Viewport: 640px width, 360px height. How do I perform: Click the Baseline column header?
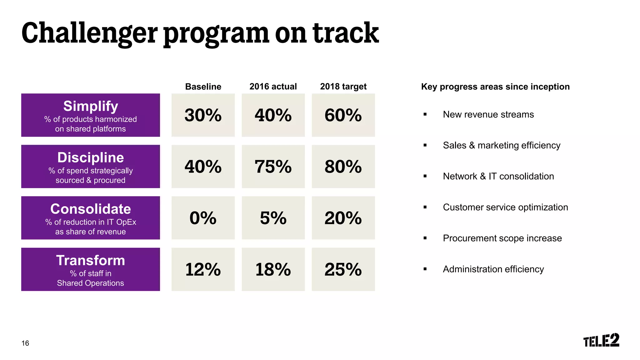pos(203,87)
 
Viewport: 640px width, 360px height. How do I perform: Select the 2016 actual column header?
pos(273,87)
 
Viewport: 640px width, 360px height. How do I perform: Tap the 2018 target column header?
pos(343,87)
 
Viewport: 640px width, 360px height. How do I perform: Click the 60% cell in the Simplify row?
pos(343,115)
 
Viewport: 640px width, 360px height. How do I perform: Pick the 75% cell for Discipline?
pos(273,167)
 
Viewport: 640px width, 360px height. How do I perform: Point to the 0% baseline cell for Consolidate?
pos(203,218)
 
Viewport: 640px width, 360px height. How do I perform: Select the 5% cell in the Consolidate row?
pos(273,218)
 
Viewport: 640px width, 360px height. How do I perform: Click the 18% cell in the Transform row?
pos(273,269)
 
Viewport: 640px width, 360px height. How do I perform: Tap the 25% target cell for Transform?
pos(343,269)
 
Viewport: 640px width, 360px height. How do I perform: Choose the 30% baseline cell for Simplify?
pos(203,115)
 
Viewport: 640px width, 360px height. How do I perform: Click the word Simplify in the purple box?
pos(91,106)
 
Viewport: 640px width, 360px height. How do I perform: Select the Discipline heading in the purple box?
pos(91,157)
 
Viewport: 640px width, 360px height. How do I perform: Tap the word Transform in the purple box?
pos(91,260)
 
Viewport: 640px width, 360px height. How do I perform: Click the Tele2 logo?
pos(601,340)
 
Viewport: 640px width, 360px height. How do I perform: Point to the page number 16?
pos(25,343)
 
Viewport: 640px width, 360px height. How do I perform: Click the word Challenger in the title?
pos(89,33)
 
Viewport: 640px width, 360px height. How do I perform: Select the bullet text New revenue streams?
pos(488,114)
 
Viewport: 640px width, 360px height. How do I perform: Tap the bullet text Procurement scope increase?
pos(502,238)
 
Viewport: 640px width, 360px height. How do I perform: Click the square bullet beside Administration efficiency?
pos(425,269)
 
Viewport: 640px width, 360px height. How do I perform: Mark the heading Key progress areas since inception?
pos(495,87)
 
